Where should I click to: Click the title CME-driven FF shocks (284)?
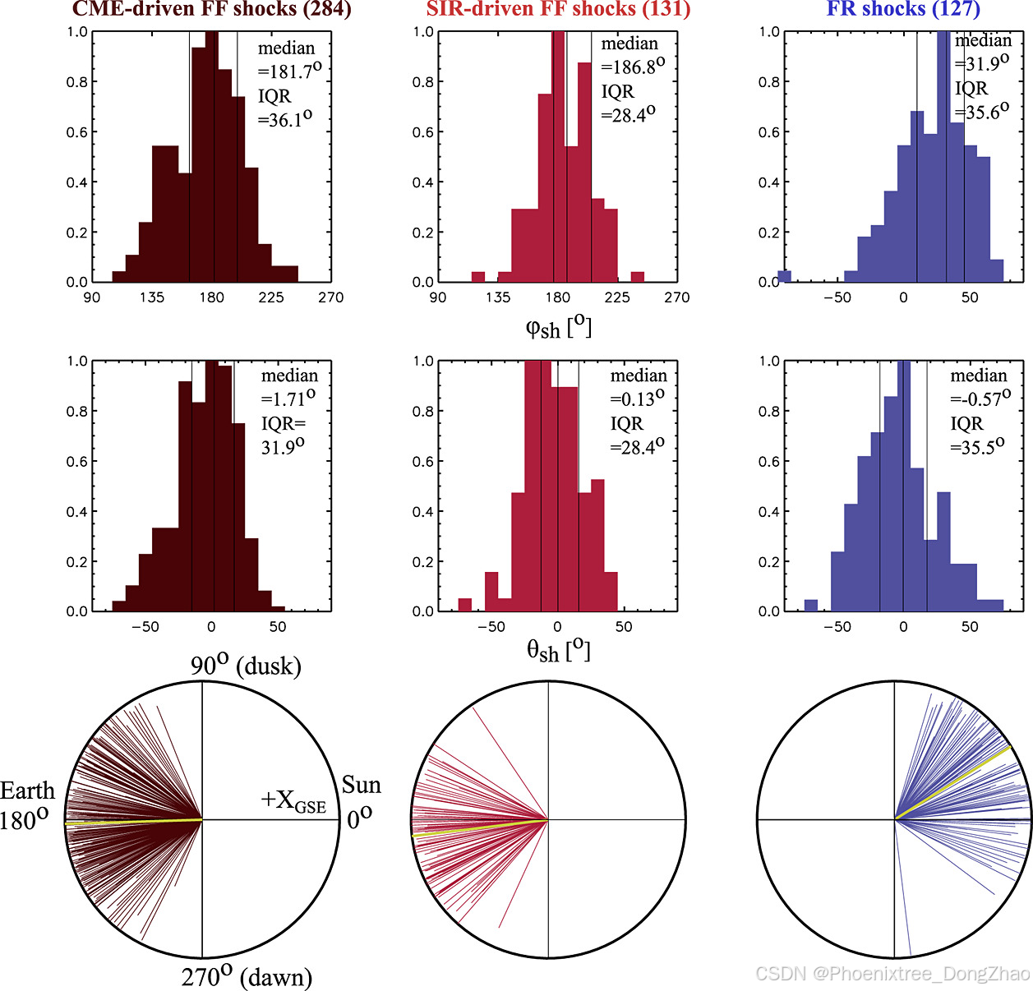[211, 9]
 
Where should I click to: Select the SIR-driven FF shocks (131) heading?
[558, 9]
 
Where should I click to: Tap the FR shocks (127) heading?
[903, 9]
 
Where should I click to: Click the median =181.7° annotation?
[288, 60]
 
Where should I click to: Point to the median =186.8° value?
[631, 56]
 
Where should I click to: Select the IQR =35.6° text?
[980, 100]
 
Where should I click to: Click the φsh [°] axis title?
[558, 327]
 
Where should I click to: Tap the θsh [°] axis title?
[558, 651]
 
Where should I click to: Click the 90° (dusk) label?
[246, 665]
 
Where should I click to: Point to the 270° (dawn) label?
[247, 976]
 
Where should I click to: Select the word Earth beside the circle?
[27, 790]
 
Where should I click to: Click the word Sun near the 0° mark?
[362, 786]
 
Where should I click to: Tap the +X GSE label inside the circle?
[293, 800]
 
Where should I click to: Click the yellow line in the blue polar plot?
[953, 783]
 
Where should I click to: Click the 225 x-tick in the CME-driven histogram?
[270, 297]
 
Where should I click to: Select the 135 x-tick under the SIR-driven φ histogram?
[498, 297]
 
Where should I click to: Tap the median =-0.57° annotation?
[980, 387]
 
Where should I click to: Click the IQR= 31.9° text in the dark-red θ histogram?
[284, 436]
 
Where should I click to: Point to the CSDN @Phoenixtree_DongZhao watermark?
[892, 974]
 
